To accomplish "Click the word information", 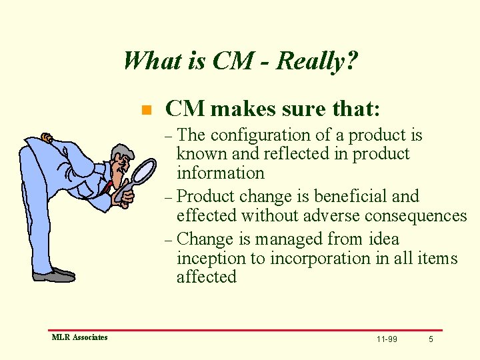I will point(221,173).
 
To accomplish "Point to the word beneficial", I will point(352,197).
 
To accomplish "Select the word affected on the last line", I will point(207,277).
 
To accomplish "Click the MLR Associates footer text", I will point(79,337).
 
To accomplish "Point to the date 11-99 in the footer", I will point(387,339).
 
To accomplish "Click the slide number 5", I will point(431,339).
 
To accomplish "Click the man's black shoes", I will point(54,275).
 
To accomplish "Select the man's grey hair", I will point(122,151).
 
